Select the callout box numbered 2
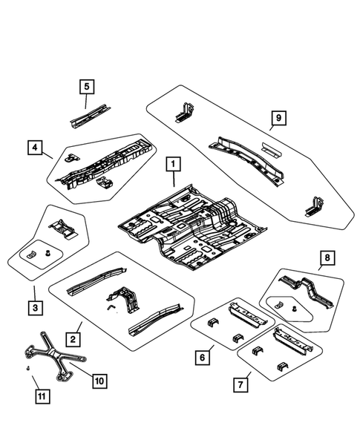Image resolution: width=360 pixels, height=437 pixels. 74,338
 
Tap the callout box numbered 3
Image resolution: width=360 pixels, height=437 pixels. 34,306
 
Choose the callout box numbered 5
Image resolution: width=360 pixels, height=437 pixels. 87,87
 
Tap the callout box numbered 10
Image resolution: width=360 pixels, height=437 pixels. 98,381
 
